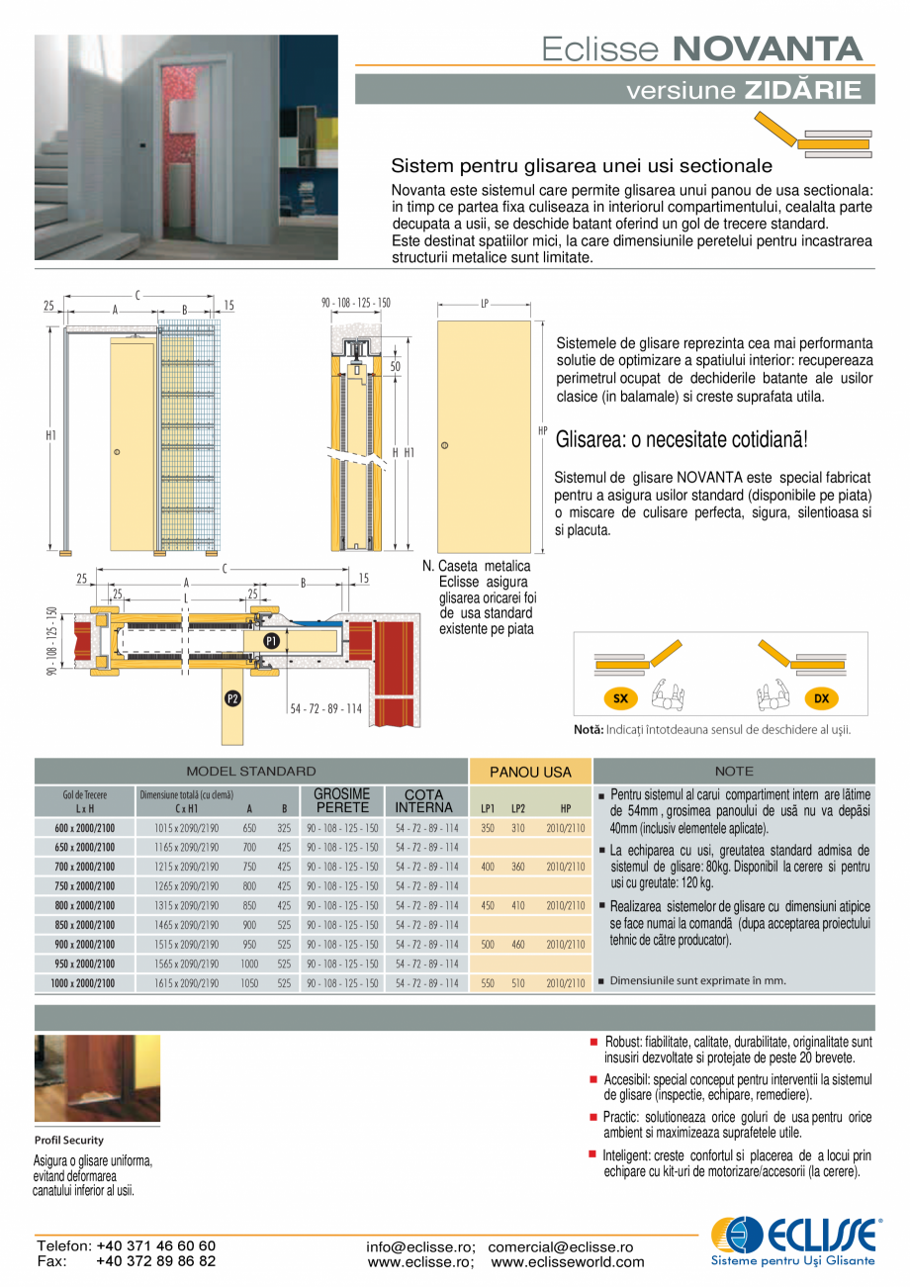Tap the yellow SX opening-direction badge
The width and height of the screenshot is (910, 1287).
[x=620, y=698]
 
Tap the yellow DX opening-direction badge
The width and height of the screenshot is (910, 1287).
[x=821, y=698]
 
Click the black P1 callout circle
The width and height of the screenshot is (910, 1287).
[x=272, y=641]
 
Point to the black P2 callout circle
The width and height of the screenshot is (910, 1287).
[x=232, y=698]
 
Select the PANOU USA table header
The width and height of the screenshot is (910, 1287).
[x=530, y=772]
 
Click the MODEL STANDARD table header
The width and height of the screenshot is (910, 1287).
[x=251, y=771]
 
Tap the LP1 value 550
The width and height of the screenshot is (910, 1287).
[x=488, y=983]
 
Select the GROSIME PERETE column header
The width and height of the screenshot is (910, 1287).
[x=341, y=800]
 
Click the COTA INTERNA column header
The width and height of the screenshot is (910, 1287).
[x=424, y=800]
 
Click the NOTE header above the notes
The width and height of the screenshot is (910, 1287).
[x=733, y=771]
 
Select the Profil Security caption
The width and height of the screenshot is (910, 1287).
[x=69, y=1140]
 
